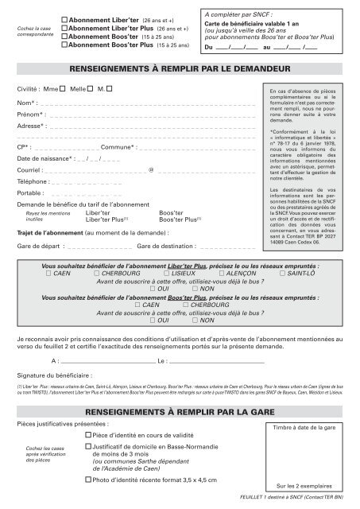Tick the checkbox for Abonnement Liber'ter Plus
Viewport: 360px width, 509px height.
point(65,27)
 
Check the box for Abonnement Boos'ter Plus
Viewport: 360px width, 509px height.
point(65,45)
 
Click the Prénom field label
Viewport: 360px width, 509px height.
point(30,115)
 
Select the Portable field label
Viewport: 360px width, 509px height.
point(30,192)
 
